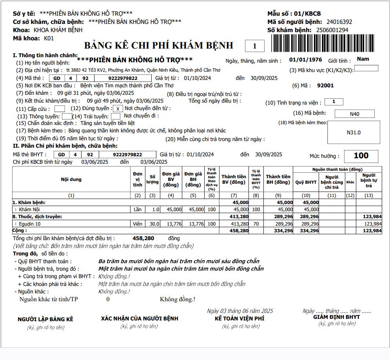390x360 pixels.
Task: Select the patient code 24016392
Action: click(339, 22)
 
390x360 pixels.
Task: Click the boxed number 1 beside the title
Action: click(254, 46)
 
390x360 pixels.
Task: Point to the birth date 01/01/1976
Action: click(305, 60)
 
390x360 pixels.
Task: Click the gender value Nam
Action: click(363, 59)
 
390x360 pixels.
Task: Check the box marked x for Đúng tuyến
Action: click(118, 109)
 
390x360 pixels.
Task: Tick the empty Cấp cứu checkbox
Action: click(60, 109)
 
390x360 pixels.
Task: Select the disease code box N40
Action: click(355, 114)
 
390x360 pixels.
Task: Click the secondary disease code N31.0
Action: click(354, 132)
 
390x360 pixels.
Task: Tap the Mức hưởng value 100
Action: click(361, 156)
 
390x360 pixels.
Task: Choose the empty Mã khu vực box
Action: click(366, 69)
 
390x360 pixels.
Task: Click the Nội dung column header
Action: click(71, 179)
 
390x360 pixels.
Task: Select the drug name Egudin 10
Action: click(30, 224)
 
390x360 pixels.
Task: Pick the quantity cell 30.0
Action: click(152, 224)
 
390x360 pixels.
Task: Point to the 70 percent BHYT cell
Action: click(256, 224)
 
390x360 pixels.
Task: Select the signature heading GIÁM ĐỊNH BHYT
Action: click(336, 317)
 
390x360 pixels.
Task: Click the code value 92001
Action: click(325, 85)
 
